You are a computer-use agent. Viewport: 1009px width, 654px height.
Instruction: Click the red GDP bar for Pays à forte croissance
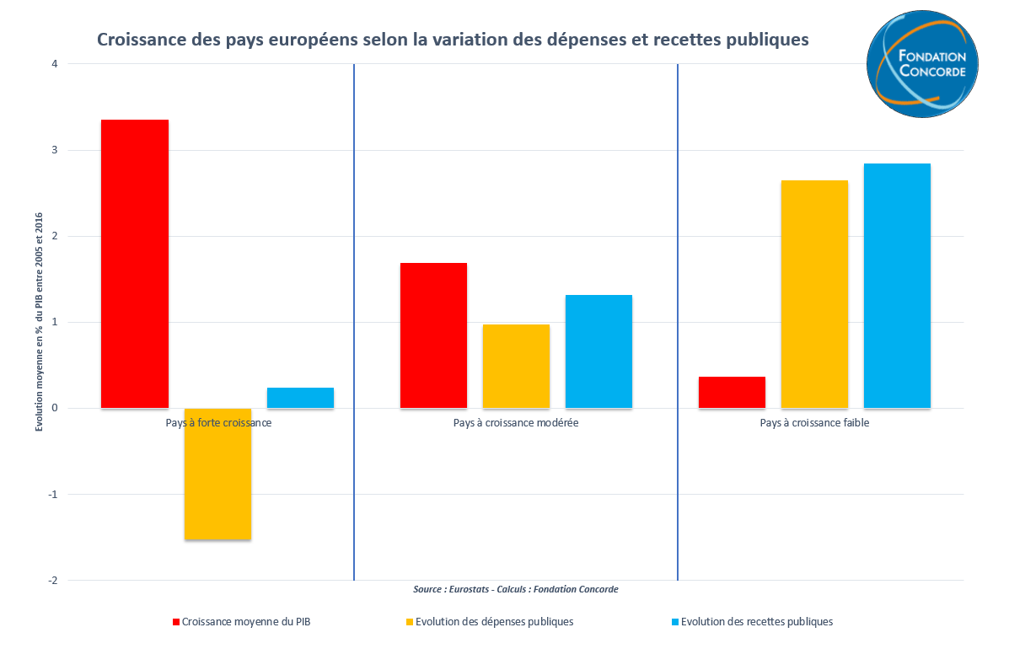(135, 264)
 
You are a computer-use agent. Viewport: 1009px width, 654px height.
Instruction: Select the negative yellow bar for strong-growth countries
(217, 474)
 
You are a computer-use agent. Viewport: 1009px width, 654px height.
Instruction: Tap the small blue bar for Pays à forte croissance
(300, 398)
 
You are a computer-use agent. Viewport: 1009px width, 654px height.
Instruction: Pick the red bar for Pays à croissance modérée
(433, 335)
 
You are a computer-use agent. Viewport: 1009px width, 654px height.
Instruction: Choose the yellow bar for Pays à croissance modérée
(516, 366)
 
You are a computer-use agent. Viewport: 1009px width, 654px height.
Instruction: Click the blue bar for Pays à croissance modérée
(598, 351)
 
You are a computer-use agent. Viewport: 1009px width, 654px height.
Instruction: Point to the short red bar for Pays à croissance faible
(732, 393)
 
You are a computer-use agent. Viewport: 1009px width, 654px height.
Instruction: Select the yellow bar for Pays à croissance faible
(814, 294)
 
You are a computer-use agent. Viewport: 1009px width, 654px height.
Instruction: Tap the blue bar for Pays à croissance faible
(897, 286)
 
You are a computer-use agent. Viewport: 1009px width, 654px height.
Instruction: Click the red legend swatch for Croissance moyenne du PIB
(175, 622)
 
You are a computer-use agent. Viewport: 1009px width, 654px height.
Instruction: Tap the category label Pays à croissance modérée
(516, 423)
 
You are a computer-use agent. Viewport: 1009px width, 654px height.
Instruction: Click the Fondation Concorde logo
(922, 64)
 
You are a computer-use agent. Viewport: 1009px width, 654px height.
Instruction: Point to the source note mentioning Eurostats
(516, 589)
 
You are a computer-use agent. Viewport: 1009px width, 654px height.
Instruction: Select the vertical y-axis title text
(40, 322)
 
